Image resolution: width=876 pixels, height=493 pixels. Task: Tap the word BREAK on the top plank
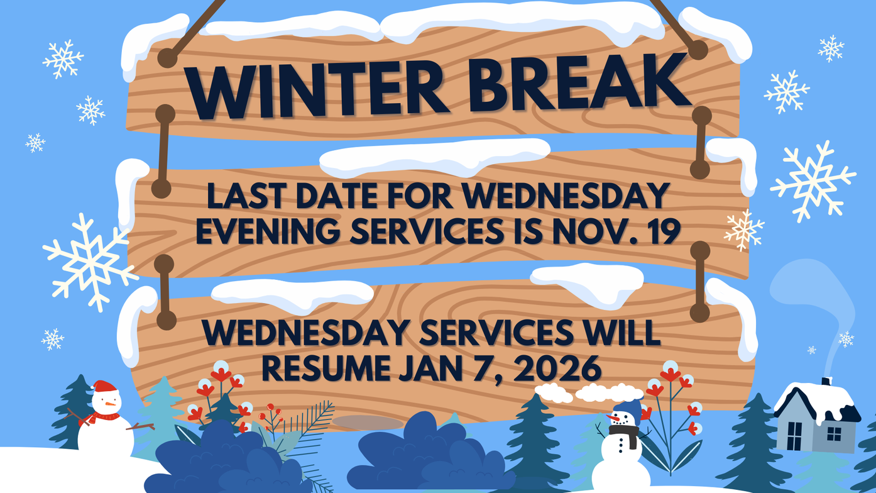(579, 83)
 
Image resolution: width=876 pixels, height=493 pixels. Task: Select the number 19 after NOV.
(657, 231)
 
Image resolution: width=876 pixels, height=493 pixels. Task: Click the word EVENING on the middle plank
(268, 231)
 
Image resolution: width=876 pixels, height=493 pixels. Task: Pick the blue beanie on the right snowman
(629, 411)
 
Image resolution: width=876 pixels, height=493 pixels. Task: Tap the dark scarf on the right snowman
(625, 435)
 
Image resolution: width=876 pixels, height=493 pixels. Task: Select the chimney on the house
(826, 381)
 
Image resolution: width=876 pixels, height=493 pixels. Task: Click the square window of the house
(834, 434)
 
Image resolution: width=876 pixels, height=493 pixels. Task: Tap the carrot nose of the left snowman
(110, 404)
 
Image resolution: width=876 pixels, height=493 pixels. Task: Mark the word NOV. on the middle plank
(590, 231)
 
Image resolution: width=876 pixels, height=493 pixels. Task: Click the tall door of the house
(795, 436)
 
